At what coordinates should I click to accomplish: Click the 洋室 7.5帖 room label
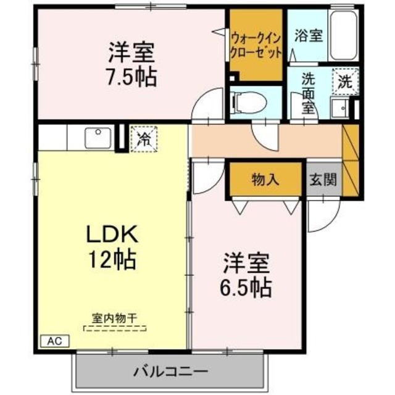point(132,64)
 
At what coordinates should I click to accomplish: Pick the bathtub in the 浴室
point(344,36)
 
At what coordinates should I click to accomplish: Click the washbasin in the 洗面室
point(338,109)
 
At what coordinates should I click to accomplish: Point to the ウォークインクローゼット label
point(256,45)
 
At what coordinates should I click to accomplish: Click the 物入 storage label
point(266,180)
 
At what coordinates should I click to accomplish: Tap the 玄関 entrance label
point(323,180)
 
